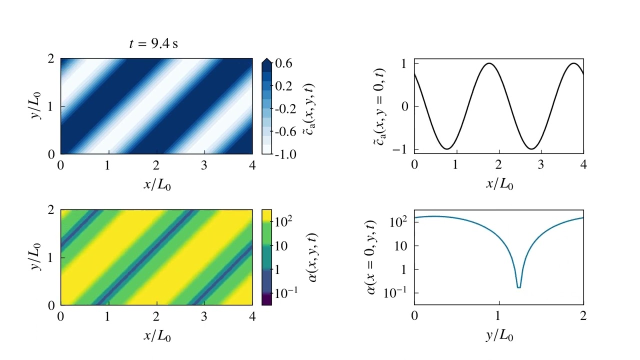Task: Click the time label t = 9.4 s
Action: tap(153, 43)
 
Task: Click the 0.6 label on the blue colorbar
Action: tap(283, 63)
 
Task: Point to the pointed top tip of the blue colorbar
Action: tap(267, 59)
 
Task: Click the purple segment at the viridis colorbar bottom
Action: tap(267, 299)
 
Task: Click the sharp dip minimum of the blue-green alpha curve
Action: tap(519, 287)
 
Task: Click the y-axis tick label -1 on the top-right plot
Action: tap(402, 149)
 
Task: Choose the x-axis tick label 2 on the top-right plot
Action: tap(499, 164)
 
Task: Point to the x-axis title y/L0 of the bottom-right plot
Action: tap(499, 335)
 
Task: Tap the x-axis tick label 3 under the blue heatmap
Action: tap(204, 165)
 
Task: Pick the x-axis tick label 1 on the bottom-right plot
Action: tap(499, 315)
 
